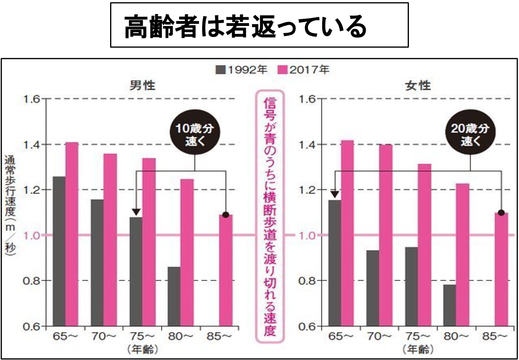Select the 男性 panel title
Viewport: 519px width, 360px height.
142,85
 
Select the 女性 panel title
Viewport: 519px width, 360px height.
418,85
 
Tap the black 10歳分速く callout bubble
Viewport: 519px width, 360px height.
195,135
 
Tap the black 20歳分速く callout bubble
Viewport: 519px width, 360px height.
470,135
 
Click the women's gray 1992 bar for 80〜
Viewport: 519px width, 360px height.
450,305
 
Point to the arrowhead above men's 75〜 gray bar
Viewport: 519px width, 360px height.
136,212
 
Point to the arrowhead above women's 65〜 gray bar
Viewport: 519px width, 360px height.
335,194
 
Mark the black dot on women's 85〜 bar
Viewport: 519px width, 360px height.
501,212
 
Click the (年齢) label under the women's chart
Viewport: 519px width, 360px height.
418,350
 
